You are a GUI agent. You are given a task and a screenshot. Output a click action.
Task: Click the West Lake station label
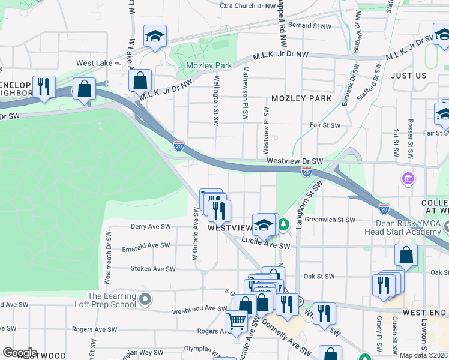coord(93,63)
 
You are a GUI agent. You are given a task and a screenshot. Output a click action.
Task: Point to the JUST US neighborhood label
coord(408,76)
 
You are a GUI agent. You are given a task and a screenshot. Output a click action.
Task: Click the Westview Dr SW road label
coord(294,161)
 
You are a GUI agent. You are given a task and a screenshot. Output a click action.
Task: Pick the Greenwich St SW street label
coord(330,220)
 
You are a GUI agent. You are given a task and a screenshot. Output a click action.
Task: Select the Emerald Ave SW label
coord(146,245)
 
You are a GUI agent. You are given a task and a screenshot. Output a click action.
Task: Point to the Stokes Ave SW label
coord(153,269)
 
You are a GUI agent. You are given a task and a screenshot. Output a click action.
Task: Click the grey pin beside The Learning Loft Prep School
coord(145,298)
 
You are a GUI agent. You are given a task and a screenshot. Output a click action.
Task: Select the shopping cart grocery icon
coord(237,322)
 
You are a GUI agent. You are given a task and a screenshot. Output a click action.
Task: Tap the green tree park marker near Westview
coord(283,225)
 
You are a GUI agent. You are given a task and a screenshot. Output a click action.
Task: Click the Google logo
coord(20,353)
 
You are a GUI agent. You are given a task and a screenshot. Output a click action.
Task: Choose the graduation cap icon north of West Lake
coord(155,37)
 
